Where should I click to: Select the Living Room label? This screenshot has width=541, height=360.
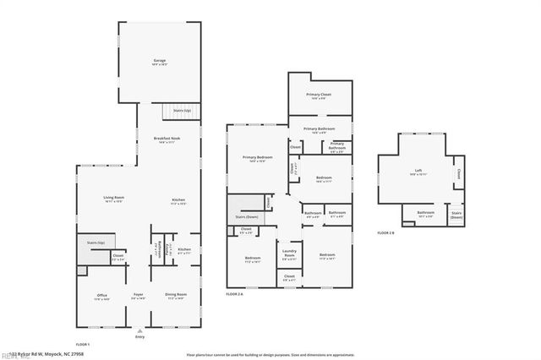click(x=115, y=199)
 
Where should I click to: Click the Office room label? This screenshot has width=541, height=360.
click(x=101, y=296)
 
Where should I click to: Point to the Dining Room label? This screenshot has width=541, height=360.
click(x=176, y=296)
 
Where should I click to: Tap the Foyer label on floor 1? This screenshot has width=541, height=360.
click(x=138, y=296)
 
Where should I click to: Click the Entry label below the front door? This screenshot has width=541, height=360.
click(x=139, y=337)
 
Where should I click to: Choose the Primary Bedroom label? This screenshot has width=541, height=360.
click(x=257, y=158)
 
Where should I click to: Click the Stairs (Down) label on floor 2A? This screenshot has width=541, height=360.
click(x=246, y=217)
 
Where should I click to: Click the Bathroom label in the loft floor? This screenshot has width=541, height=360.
click(x=425, y=214)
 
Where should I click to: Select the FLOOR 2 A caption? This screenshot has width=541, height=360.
click(x=235, y=293)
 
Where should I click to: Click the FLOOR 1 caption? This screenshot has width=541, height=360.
click(x=83, y=346)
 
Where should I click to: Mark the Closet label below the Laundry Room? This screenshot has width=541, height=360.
click(x=289, y=276)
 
